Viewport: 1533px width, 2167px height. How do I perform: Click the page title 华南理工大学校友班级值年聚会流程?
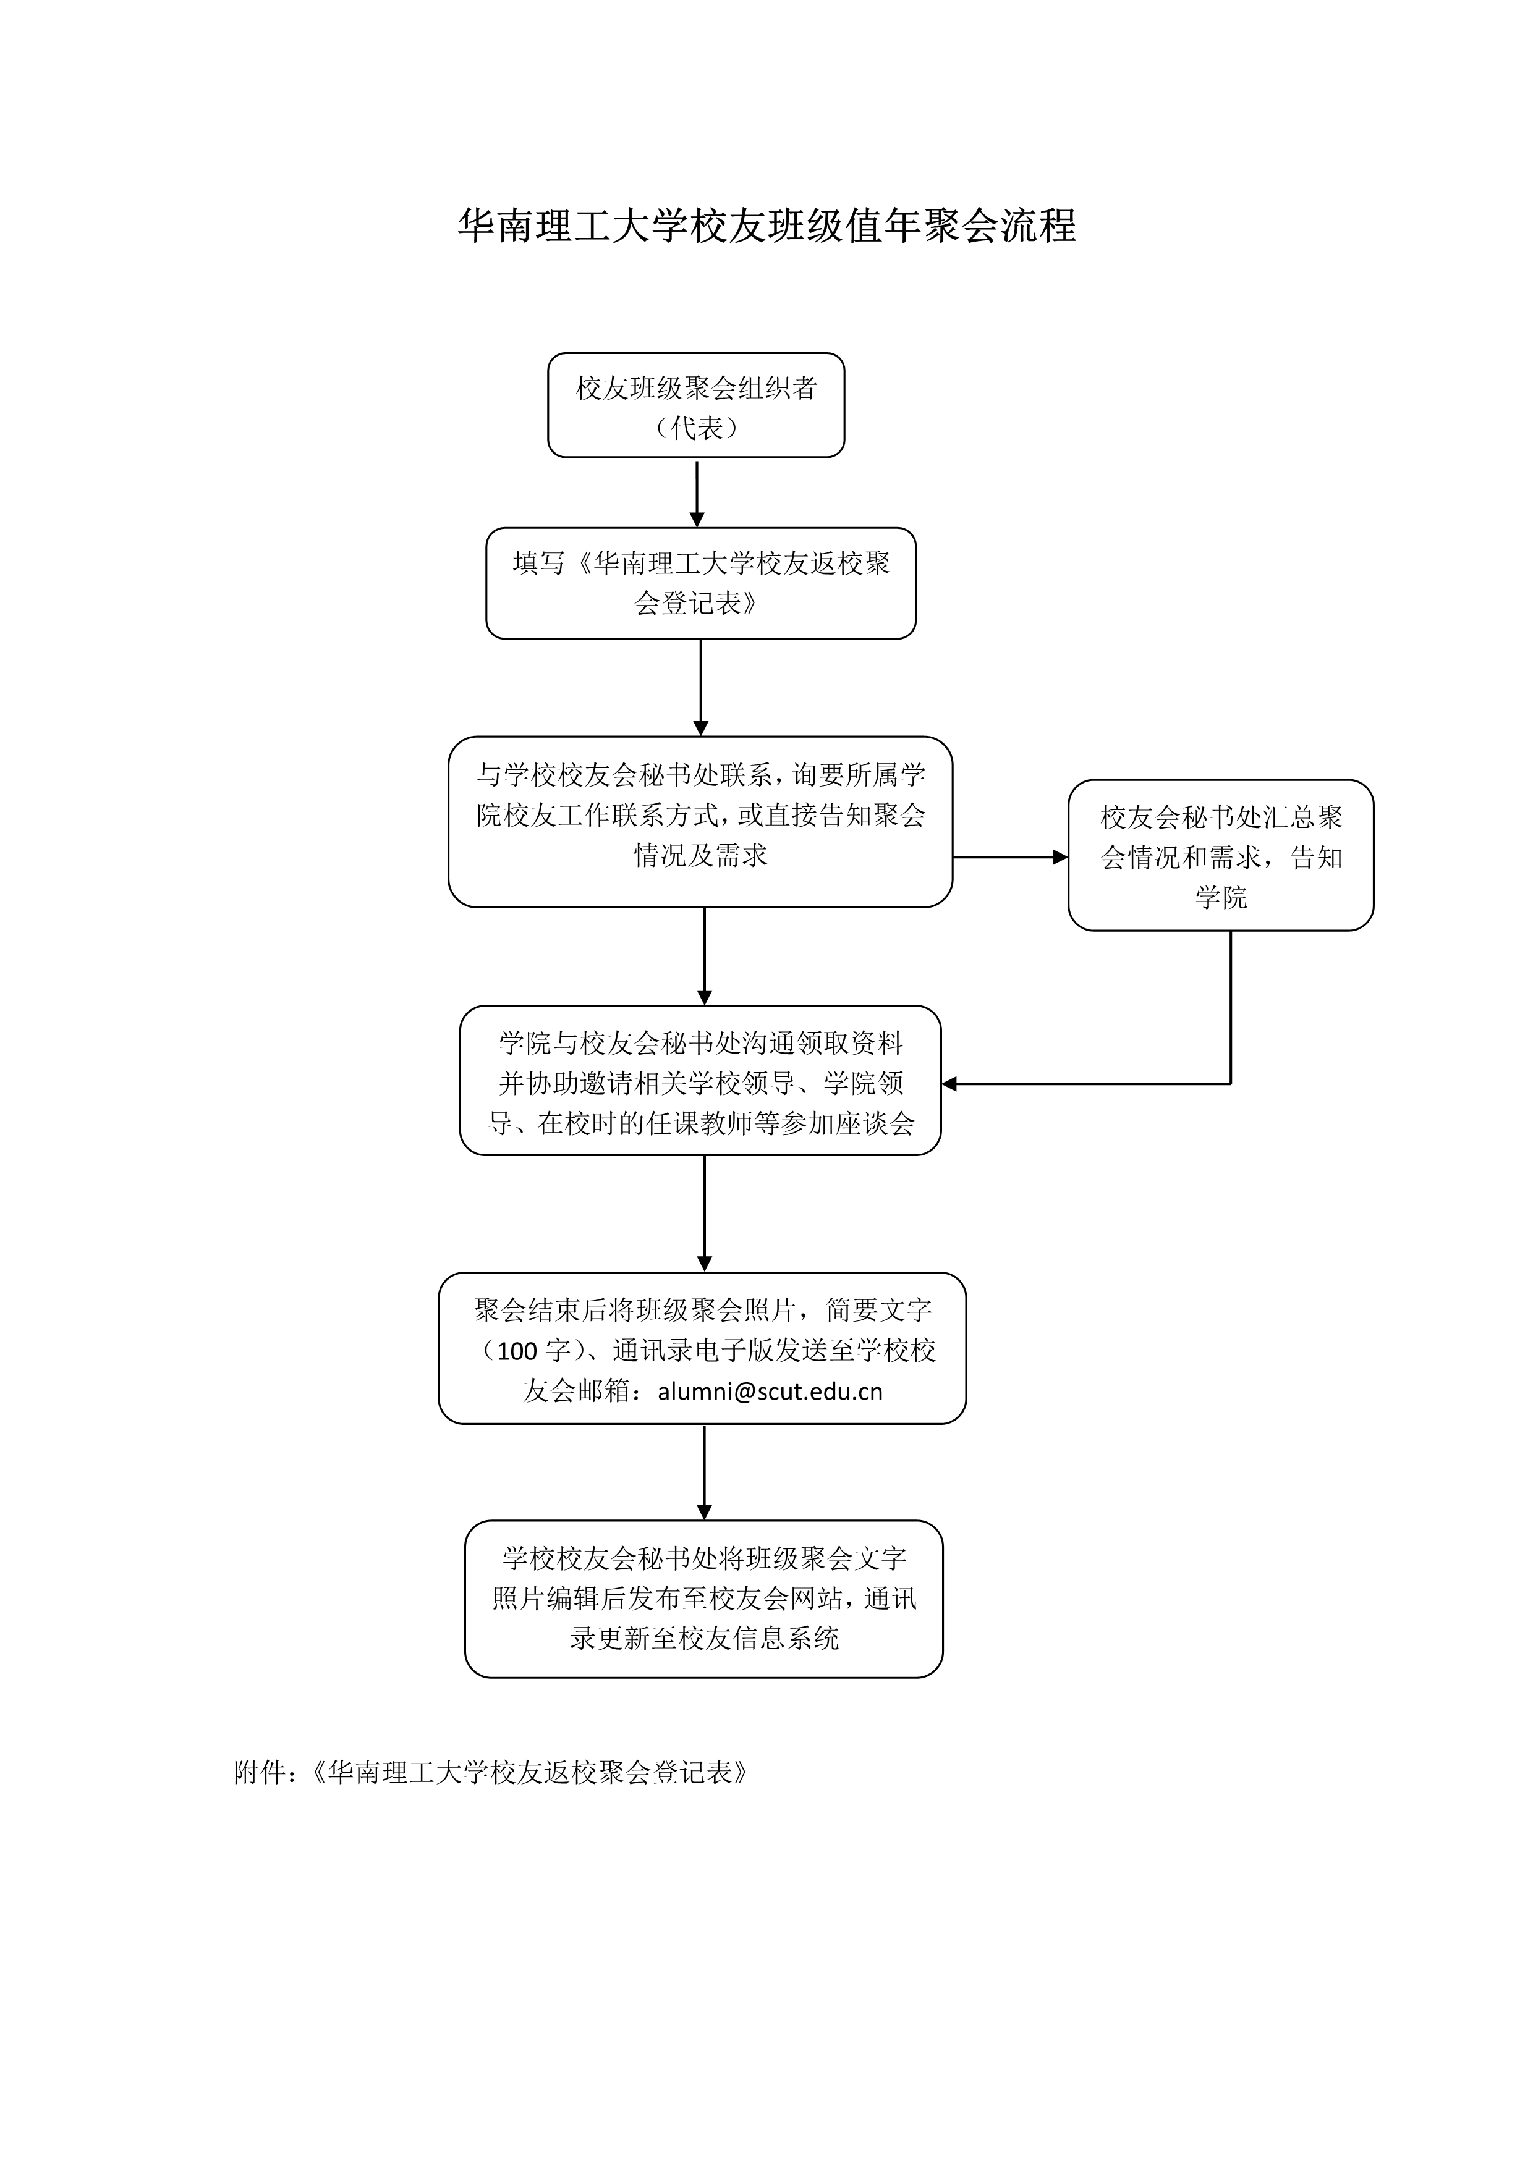766,227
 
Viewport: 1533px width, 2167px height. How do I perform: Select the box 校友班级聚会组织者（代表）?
695,405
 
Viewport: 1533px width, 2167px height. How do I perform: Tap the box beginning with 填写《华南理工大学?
700,583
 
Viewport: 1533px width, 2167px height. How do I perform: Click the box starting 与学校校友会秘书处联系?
700,822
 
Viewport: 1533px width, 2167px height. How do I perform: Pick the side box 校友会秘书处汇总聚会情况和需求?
1221,855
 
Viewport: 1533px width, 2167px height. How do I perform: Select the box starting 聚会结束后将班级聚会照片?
702,1348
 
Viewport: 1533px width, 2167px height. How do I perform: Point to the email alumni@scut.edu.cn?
770,1391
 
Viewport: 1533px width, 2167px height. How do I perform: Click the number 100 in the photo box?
517,1351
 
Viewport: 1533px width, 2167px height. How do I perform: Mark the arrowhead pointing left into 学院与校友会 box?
949,1084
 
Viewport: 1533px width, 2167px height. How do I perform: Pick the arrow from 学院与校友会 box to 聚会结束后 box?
704,1214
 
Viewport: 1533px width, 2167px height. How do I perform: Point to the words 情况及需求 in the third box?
700,855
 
